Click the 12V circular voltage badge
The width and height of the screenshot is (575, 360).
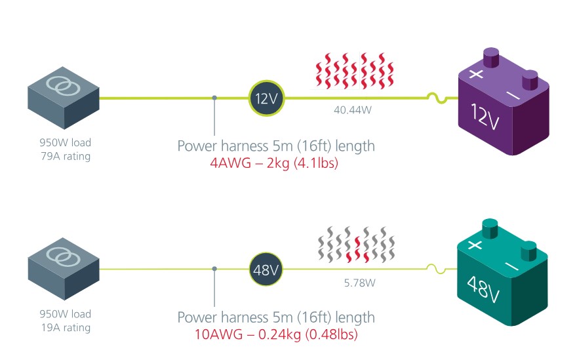coord(266,98)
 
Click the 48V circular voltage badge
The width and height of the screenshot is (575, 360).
coord(266,270)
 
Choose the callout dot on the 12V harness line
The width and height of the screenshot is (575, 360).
coord(215,98)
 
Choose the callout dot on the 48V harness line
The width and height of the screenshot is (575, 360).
coord(215,269)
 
